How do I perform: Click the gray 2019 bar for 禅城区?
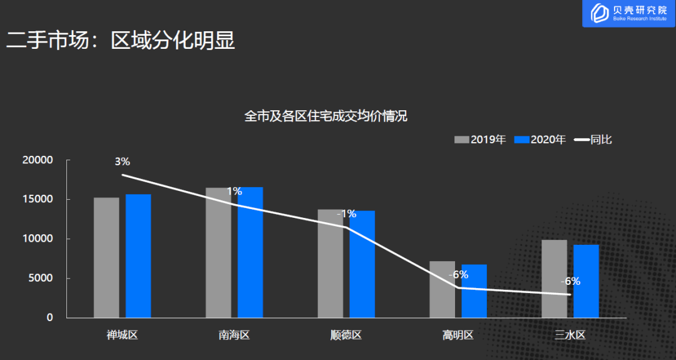click(106, 257)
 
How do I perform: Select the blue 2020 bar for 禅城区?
click(138, 255)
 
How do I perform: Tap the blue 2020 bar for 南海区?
click(250, 252)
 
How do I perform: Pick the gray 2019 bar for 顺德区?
click(330, 264)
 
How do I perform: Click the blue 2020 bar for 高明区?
click(474, 291)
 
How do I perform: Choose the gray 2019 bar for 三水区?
click(554, 279)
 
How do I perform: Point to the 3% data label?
click(123, 162)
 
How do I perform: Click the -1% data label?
click(347, 214)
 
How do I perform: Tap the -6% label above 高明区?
click(458, 275)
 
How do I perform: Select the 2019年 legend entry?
click(480, 140)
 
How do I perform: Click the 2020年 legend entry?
click(540, 140)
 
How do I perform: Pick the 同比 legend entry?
click(593, 140)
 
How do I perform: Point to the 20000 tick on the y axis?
click(38, 160)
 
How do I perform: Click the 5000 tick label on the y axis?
click(41, 278)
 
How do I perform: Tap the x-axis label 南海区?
click(234, 335)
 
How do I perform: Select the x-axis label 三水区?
click(570, 335)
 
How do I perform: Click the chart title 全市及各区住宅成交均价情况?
click(326, 116)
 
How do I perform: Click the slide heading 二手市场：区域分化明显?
click(120, 41)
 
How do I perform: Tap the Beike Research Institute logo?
click(629, 13)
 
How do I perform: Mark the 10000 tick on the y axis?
click(38, 239)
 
